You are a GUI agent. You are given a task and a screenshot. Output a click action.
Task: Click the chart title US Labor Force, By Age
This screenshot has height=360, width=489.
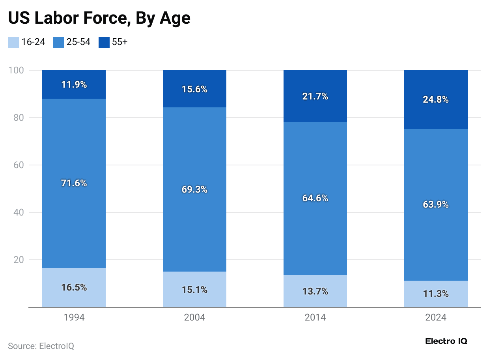coord(99,19)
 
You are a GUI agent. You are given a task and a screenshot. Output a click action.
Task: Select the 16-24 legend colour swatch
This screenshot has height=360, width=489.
coord(13,42)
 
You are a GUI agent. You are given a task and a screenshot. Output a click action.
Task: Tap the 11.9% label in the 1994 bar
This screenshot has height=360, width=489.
coord(74,84)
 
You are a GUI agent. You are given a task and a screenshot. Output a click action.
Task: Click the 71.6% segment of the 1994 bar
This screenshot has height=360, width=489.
coord(74,183)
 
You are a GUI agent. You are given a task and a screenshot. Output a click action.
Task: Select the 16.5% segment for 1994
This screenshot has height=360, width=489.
coord(74,287)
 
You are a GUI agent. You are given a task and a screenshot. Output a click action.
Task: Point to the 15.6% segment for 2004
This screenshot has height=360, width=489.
coord(194,89)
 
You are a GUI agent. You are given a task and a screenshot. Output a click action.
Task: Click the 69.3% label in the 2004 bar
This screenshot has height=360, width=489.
coord(194,189)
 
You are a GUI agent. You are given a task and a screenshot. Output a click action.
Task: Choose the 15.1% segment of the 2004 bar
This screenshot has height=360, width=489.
coord(194,290)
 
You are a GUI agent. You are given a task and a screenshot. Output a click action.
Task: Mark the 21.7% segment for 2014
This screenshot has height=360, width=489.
coord(315,96)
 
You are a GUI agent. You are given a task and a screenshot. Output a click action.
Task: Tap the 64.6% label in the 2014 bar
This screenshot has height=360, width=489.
coord(315,198)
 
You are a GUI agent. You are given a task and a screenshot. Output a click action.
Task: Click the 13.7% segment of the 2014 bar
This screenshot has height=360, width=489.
coord(315,291)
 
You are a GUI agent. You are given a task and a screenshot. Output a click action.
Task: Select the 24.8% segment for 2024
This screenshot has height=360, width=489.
coord(436,100)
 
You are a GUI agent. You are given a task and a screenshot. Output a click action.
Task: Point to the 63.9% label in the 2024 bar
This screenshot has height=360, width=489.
coord(436,204)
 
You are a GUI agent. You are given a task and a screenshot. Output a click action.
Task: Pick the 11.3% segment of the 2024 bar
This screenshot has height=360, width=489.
coord(436,294)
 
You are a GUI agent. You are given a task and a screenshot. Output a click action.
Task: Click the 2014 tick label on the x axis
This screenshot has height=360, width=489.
coord(315,317)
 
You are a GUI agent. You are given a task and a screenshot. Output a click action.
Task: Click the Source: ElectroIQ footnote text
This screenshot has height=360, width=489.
coord(41,346)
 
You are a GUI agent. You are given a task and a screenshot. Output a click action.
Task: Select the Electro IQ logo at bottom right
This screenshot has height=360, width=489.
coord(446,341)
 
